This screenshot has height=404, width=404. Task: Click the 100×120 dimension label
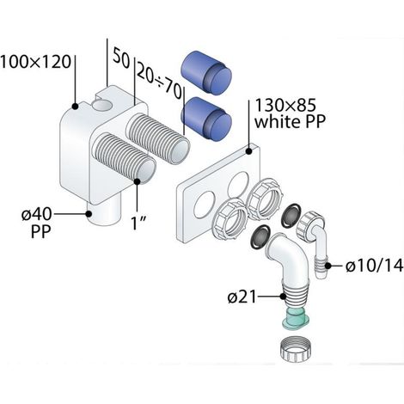tap(35, 62)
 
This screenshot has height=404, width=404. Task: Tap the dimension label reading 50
tap(121, 58)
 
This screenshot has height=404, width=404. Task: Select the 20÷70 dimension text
tap(159, 81)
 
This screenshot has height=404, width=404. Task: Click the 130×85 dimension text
tap(285, 105)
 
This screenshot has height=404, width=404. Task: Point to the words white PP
tap(290, 121)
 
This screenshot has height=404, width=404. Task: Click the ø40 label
tap(37, 214)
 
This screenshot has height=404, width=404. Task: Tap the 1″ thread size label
tap(139, 223)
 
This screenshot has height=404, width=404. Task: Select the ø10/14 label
tap(374, 266)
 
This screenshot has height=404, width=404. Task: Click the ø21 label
tap(242, 297)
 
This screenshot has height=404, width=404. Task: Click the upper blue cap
tap(206, 73)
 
